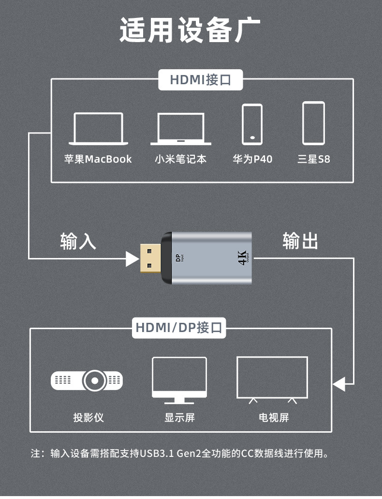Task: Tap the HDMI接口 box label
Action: coord(200,80)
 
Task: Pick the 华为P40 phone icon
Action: coord(252,124)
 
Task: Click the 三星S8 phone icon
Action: coord(313,123)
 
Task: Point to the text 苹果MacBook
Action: coord(98,159)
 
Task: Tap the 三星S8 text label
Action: coord(313,159)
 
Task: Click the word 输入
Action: coord(78,241)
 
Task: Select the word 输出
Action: coord(300,241)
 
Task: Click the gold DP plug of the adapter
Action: coord(151,259)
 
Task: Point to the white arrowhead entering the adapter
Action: coord(132,258)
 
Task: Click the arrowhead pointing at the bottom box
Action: coord(339,384)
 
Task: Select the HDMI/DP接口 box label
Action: coord(179,328)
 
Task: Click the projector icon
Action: coord(87,381)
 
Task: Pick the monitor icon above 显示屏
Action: coord(179,380)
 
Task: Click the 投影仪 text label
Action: coord(88,417)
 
